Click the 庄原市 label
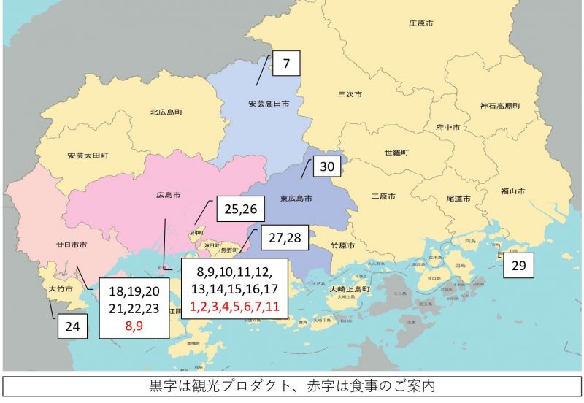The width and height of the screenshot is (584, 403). [420, 23]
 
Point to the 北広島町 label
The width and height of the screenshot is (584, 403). [166, 112]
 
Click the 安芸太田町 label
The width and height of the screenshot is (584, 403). [87, 156]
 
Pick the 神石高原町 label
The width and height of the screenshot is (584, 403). [500, 106]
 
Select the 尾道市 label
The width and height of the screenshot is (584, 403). [458, 198]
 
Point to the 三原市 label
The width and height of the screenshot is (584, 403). [384, 196]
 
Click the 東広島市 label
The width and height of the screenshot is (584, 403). [296, 199]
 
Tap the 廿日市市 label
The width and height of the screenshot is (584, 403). [72, 244]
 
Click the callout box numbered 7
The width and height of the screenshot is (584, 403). [287, 64]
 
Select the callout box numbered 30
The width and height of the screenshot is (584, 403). [328, 167]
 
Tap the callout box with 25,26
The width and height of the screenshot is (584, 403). [240, 210]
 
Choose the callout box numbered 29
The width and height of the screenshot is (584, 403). [518, 265]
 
